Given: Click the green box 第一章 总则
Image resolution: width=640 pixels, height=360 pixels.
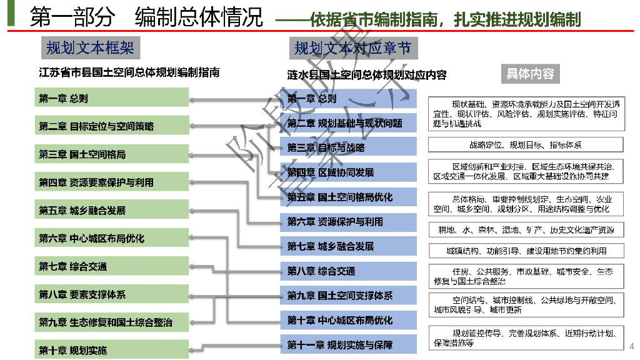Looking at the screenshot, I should tap(111, 98).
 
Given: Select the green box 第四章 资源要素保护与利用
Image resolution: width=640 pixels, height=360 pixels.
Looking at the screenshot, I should tap(111, 182).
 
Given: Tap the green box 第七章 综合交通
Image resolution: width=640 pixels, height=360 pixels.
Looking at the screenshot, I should tap(111, 266).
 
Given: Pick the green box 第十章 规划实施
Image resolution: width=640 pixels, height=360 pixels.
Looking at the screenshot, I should tap(111, 350).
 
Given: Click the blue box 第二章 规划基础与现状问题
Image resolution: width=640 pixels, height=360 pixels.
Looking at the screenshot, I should tap(348, 123).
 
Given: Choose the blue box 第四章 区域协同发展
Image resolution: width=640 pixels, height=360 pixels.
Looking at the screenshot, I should tap(348, 172).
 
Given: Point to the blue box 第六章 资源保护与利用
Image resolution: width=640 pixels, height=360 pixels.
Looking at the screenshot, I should tap(348, 221).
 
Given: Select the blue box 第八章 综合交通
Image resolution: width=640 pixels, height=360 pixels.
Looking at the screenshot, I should tap(348, 271).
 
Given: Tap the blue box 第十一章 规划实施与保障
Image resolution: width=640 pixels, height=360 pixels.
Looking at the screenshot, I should tap(348, 344).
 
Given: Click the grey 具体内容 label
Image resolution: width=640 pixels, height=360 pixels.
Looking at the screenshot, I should tap(530, 74).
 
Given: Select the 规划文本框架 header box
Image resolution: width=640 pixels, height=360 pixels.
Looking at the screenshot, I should tap(90, 47).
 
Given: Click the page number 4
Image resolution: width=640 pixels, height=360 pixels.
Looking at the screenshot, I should tap(631, 346).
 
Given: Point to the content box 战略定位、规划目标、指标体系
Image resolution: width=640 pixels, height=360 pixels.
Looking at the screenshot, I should tap(526, 145).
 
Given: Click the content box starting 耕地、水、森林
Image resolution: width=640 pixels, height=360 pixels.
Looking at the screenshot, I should tap(526, 230).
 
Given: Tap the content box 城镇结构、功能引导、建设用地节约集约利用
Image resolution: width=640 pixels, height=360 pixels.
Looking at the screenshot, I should tap(526, 251).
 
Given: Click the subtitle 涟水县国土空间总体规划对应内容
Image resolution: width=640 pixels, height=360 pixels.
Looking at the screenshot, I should tap(367, 75).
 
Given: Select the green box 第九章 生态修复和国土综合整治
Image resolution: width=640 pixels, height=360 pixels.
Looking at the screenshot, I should tap(111, 322).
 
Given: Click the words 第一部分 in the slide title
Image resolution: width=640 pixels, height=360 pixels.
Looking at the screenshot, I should tap(72, 17).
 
